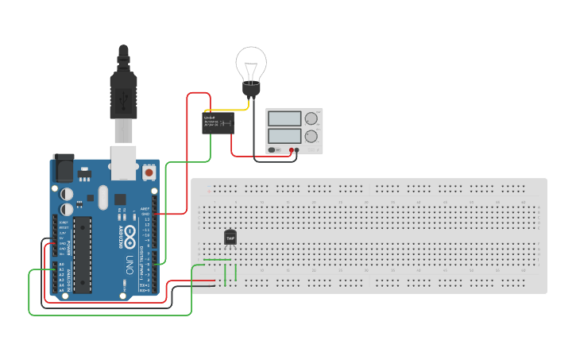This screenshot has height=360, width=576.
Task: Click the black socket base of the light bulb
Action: [251, 90]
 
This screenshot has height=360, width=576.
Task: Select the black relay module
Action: [218, 122]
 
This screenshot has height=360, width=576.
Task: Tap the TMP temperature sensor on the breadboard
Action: [230, 237]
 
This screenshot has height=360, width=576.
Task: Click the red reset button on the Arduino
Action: [149, 172]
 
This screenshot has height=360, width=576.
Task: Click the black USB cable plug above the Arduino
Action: [123, 95]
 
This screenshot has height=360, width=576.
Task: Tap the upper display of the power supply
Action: [284, 118]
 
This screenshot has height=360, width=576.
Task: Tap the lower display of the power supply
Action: [284, 136]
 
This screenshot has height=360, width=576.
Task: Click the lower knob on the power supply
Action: [311, 136]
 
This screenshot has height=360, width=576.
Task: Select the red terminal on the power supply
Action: [292, 149]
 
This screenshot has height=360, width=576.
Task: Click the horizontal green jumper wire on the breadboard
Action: [217, 260]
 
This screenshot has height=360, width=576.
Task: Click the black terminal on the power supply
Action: [297, 149]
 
